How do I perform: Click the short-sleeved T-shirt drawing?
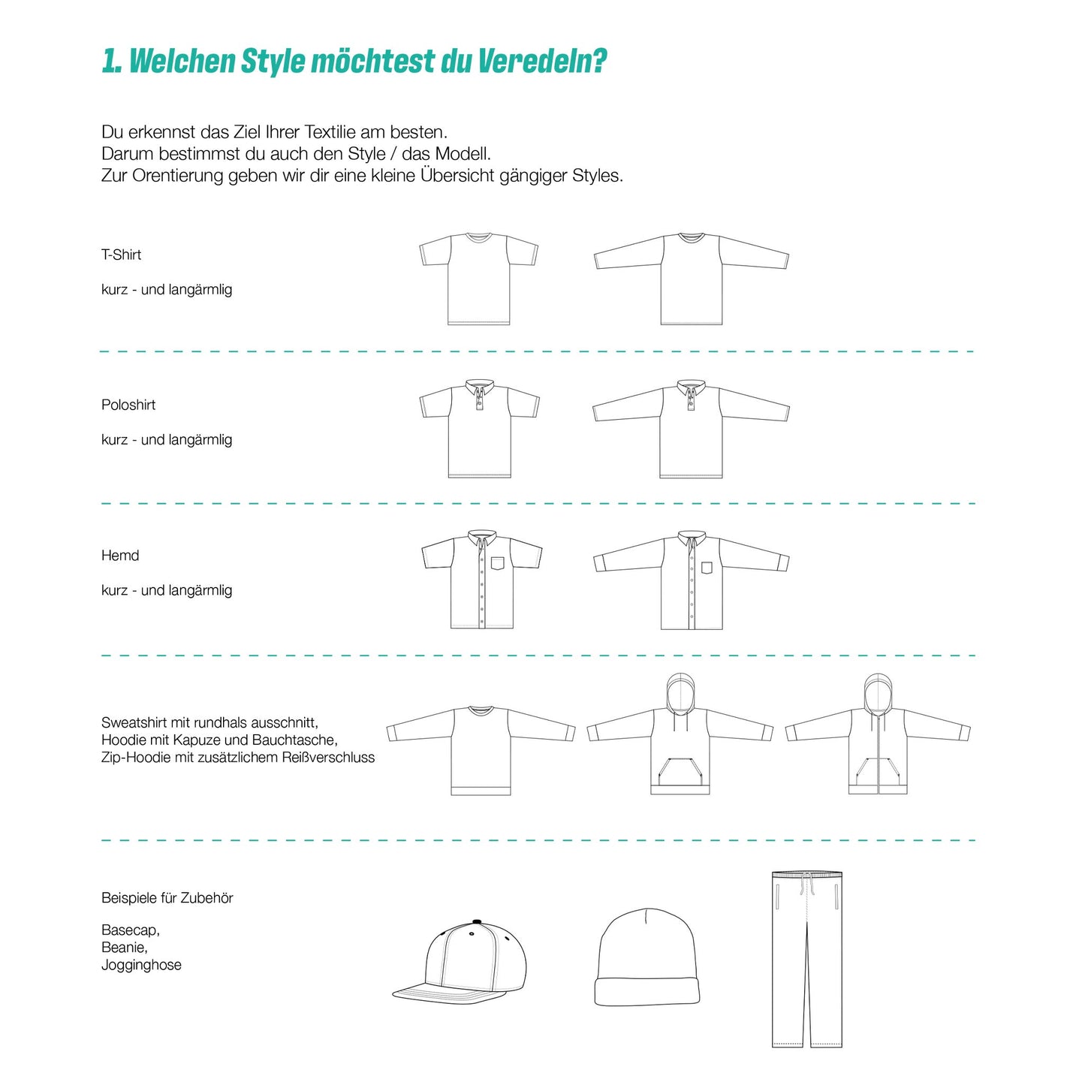(479, 278)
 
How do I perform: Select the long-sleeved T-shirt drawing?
(691, 278)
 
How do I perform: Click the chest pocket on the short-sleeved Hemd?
(498, 563)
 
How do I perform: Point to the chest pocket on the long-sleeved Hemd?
(707, 568)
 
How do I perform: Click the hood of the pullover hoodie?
(680, 692)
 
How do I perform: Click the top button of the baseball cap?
(475, 921)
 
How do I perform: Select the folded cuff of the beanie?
(647, 991)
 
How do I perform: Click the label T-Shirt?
(121, 255)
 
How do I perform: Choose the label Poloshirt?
(128, 405)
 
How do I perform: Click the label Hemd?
(120, 556)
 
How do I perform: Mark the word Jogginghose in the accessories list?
(141, 965)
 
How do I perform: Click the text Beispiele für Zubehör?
(167, 898)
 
